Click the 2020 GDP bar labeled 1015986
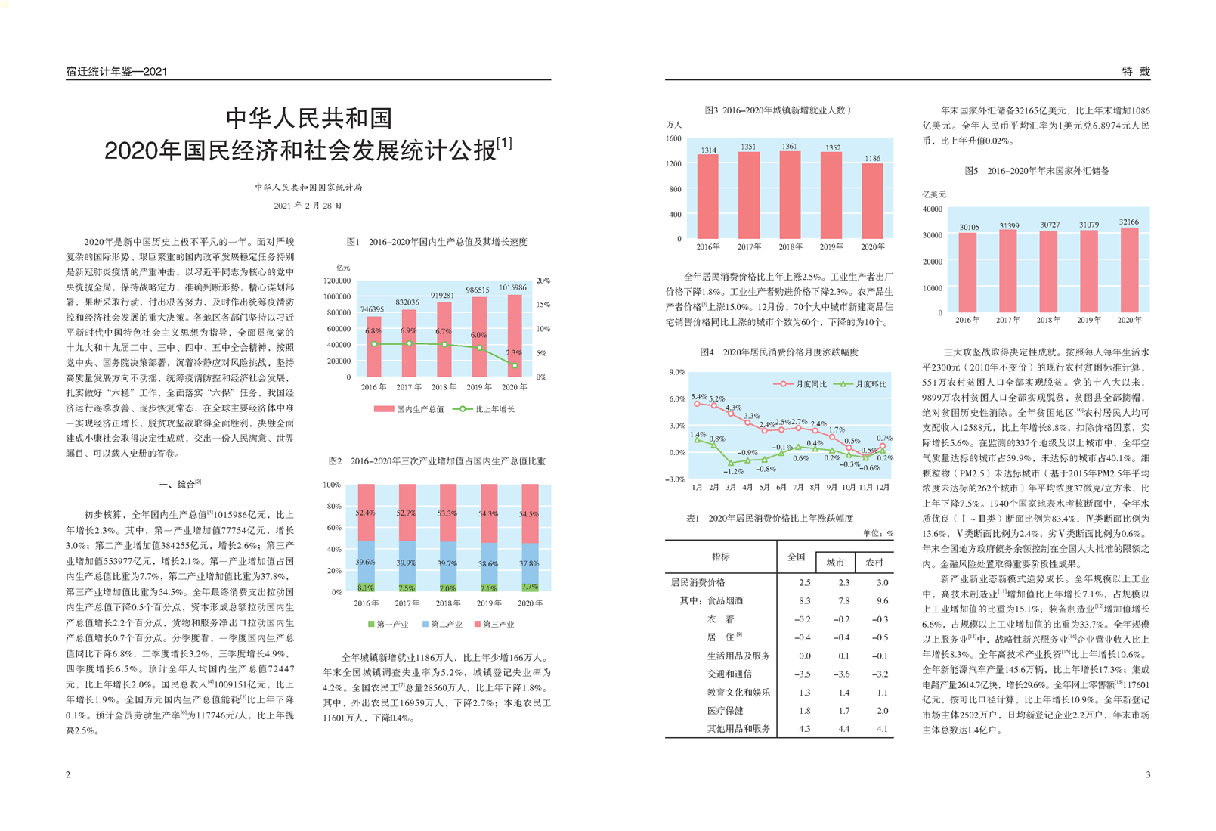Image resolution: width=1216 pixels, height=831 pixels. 514,336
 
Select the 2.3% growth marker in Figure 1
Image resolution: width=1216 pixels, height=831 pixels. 515,365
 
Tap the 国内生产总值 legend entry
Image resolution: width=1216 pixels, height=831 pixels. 409,409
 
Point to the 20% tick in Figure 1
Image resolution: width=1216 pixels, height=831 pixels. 543,281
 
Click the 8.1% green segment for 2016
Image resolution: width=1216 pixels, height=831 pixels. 366,588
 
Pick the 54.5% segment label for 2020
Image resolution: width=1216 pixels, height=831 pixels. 529,514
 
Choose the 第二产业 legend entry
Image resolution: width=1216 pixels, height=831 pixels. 442,625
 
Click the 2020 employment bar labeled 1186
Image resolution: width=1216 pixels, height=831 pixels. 872,201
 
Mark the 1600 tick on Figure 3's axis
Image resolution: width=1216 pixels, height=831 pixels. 673,138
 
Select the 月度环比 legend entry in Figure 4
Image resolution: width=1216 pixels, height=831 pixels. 860,384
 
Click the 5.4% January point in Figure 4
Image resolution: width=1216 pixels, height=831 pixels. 698,404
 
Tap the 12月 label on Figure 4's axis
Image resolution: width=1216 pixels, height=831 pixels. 883,487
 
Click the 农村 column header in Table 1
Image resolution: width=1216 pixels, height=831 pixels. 874,563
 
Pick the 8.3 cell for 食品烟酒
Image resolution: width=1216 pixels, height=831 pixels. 805,600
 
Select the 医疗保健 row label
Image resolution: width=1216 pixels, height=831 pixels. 725,711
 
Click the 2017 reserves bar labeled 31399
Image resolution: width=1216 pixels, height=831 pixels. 1008,271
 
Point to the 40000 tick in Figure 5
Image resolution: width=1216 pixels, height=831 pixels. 932,209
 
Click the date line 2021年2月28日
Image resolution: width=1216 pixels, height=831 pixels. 308,206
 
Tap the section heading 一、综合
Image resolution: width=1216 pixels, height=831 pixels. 180,484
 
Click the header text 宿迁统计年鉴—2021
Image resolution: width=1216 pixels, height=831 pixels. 116,72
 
